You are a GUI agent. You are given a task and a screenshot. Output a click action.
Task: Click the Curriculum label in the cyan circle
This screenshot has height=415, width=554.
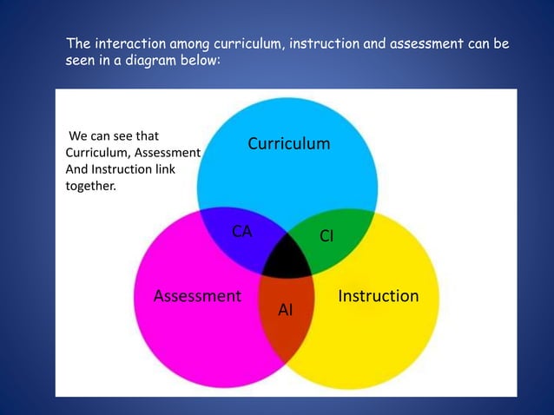pos(288,143)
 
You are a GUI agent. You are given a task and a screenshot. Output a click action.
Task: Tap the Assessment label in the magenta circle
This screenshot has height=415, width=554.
pos(197,296)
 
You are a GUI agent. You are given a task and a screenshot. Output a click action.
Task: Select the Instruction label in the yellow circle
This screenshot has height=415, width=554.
pos(378,296)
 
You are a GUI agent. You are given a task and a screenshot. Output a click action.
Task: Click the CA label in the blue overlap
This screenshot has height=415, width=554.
pos(241,231)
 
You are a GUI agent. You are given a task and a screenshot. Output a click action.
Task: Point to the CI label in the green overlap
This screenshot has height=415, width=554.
pos(327,235)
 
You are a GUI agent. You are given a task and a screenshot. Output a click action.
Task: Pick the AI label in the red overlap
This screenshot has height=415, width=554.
pos(286,309)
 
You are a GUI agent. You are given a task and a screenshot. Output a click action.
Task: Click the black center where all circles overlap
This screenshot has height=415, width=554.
pos(287,257)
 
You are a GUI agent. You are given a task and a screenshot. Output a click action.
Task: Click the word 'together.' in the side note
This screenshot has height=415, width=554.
pos(90,184)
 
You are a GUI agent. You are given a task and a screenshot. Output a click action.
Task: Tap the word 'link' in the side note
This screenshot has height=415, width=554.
pos(162,168)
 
